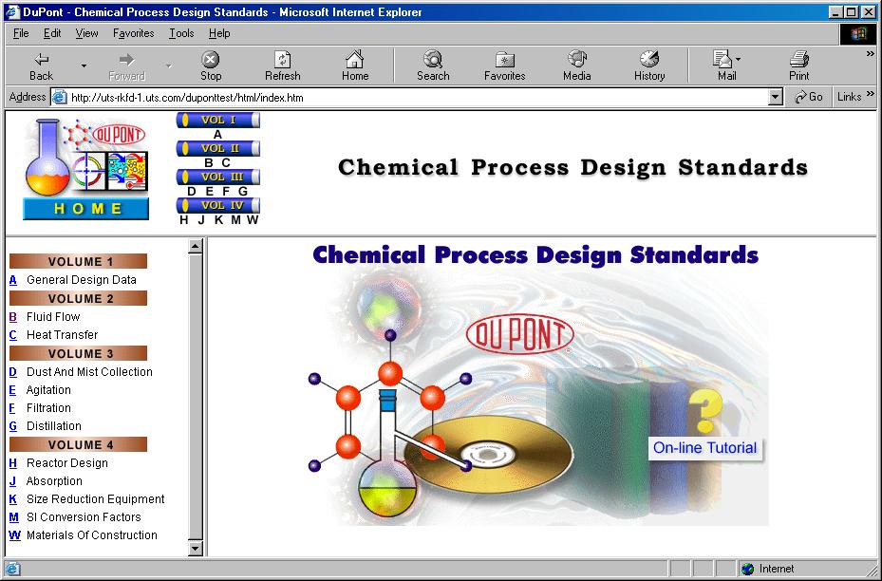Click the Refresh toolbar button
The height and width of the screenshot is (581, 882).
(x=282, y=66)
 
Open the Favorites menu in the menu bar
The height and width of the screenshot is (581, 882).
(x=133, y=33)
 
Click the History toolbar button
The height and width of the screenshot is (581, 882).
(x=649, y=66)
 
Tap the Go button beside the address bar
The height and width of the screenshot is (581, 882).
(x=810, y=97)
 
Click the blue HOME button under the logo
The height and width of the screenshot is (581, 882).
(x=85, y=209)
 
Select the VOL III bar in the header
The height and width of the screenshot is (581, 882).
(x=218, y=177)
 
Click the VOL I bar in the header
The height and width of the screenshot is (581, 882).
(x=218, y=121)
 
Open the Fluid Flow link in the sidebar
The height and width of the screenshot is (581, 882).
(x=53, y=317)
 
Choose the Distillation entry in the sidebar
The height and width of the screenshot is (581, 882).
(x=54, y=426)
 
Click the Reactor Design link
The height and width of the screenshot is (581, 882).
(x=66, y=463)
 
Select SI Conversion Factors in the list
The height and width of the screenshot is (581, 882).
(x=84, y=517)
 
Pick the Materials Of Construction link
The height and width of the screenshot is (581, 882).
(x=91, y=535)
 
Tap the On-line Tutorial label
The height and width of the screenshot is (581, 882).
(x=704, y=448)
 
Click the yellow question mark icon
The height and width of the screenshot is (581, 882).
(x=705, y=410)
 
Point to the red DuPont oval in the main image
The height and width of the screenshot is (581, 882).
(x=519, y=333)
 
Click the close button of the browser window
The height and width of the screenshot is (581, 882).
(x=869, y=12)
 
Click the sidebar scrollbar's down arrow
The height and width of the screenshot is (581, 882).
(x=196, y=548)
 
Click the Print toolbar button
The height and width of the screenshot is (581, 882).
(x=799, y=66)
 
